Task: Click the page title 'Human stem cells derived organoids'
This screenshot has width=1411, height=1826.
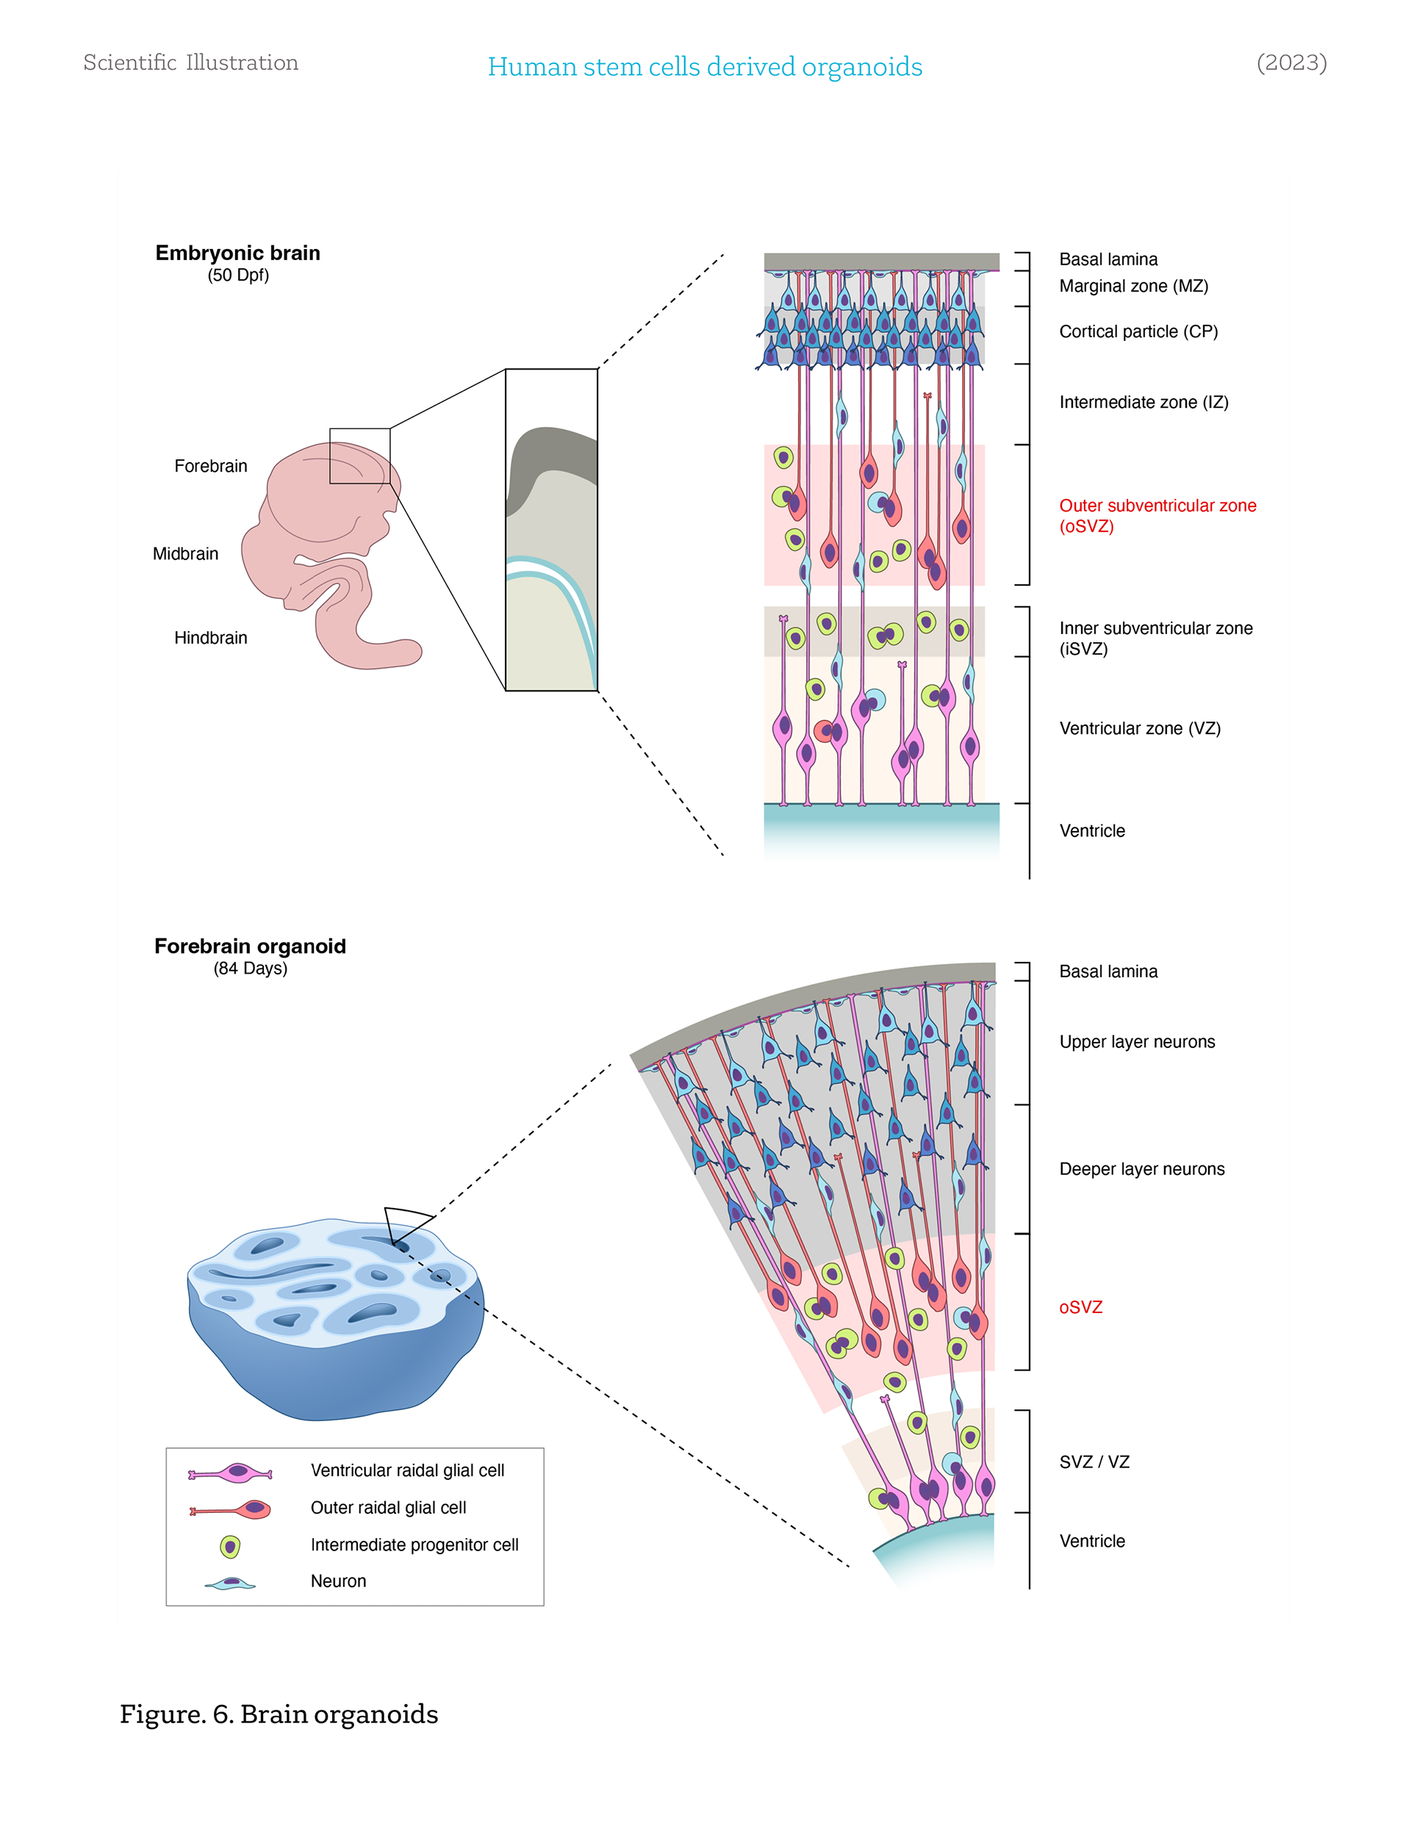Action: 704,67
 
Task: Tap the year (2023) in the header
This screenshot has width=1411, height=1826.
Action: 1290,62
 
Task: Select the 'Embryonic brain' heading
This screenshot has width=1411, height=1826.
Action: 237,254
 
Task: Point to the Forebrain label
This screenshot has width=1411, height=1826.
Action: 211,467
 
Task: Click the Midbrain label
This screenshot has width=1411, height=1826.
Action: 186,554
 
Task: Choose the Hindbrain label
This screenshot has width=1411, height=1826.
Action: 211,639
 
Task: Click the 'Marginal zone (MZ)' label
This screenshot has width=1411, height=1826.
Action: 1133,286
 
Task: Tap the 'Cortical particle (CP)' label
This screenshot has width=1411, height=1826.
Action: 1138,332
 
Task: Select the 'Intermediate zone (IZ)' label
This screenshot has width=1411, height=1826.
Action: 1143,403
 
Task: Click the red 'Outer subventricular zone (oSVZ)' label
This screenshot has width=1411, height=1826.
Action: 1157,516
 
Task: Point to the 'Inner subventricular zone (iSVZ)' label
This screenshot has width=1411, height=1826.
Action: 1155,639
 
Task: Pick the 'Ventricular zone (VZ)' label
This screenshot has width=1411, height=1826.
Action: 1139,729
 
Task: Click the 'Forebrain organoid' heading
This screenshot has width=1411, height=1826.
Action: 250,946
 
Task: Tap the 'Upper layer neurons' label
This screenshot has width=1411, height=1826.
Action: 1137,1043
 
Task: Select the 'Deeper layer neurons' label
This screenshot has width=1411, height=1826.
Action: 1142,1170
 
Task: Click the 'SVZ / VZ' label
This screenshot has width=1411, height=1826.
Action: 1094,1462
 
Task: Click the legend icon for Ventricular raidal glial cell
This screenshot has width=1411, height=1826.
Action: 230,1473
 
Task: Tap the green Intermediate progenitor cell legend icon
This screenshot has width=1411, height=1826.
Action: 230,1547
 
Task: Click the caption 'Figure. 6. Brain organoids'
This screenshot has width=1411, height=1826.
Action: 279,1715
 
